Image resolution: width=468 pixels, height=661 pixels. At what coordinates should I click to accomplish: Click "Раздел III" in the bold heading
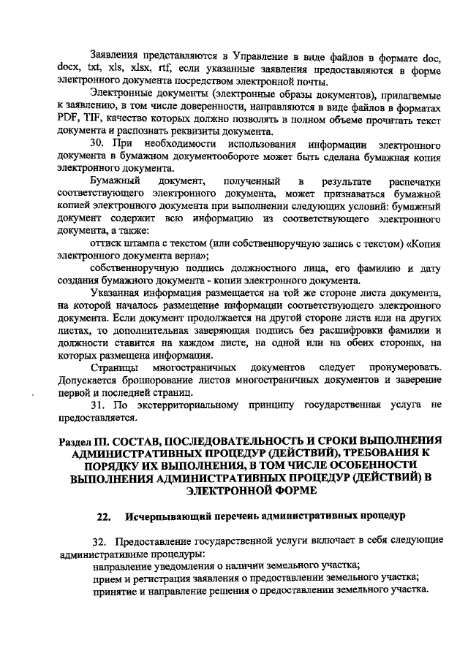click(86, 442)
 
